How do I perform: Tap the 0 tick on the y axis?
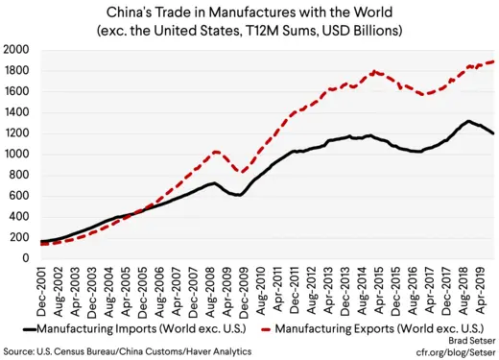(x=26, y=258)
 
